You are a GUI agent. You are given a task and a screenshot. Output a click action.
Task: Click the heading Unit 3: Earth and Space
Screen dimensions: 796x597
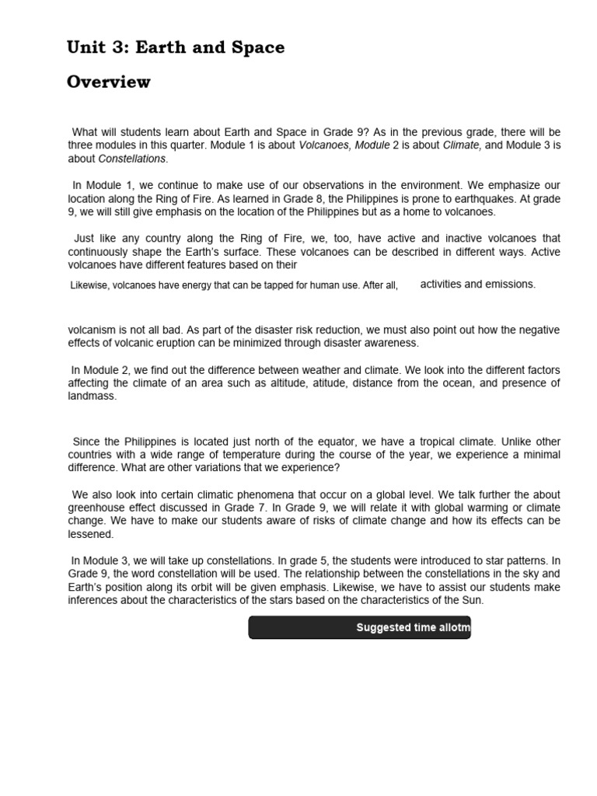176,48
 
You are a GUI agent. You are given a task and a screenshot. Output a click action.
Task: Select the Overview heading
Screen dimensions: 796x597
109,82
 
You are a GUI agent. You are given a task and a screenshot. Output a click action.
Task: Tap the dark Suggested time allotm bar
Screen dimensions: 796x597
359,627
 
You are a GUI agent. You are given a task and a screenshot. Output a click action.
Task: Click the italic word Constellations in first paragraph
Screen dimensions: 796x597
132,159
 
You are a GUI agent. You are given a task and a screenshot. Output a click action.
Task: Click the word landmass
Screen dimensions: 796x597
91,396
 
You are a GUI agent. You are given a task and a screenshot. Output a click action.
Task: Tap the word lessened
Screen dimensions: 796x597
90,535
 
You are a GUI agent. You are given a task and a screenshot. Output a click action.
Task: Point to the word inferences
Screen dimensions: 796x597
96,600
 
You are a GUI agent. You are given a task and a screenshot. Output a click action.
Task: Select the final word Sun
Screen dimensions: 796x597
473,600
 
